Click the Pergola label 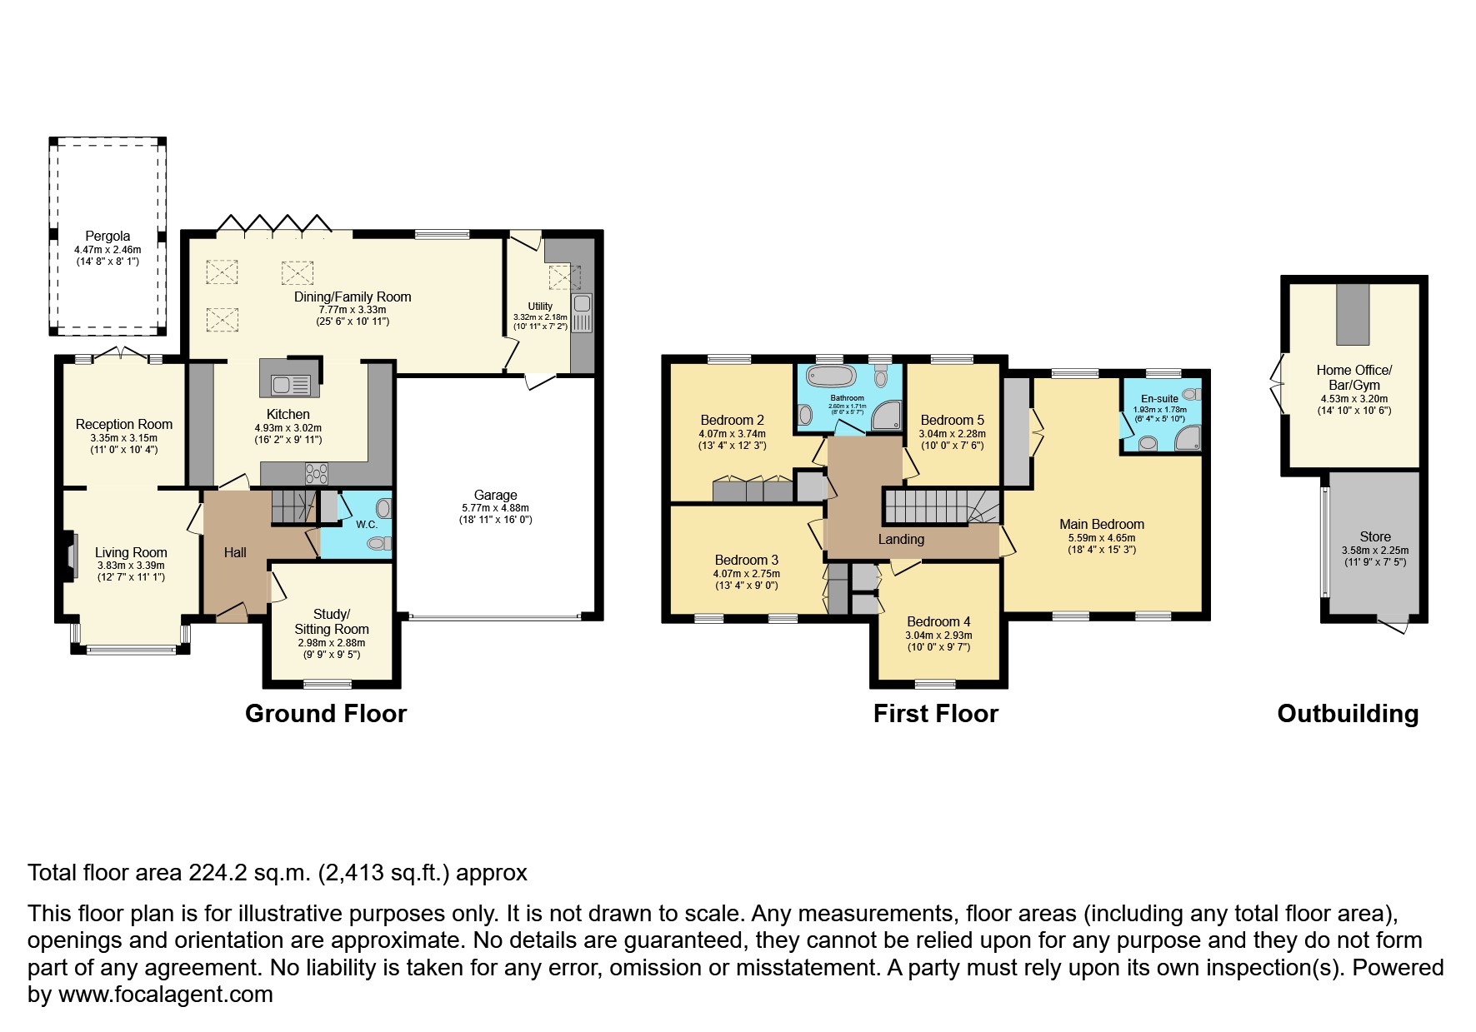108,237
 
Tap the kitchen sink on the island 288,384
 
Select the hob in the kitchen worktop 317,473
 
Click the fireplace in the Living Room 71,551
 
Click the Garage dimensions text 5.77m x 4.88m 495,507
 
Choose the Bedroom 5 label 952,420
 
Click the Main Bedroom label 1101,524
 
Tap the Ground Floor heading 325,714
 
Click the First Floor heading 935,714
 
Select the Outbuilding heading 1347,714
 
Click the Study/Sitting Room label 331,621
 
